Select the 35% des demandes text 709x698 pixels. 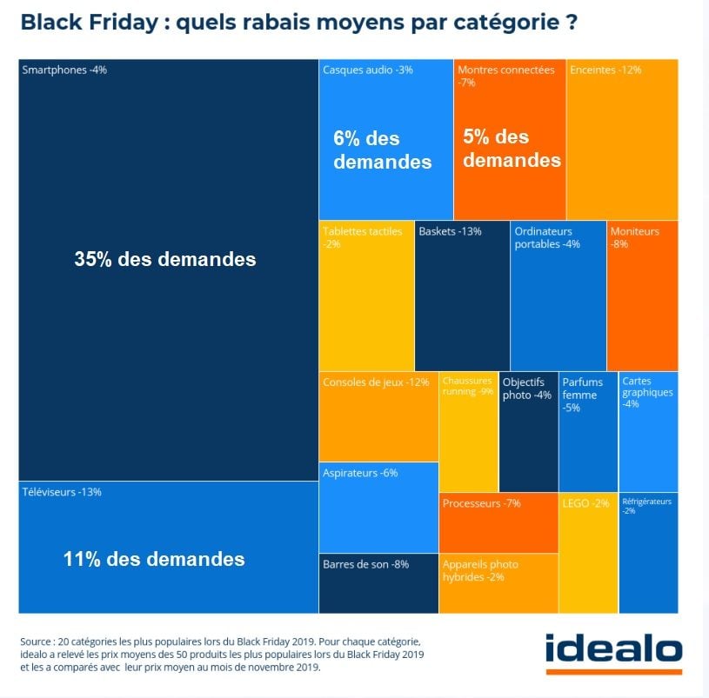tap(165, 258)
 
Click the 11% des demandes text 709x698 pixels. tap(154, 559)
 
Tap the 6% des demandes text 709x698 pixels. tap(382, 150)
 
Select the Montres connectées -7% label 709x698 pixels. tap(505, 76)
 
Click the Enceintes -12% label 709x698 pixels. tap(605, 70)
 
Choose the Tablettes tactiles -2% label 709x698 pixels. tap(362, 237)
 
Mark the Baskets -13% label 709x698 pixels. tap(450, 231)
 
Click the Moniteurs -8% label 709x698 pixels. tap(634, 237)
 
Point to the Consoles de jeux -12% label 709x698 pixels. tap(375, 382)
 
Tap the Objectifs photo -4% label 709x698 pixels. tap(527, 389)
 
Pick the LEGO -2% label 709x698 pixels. tap(586, 503)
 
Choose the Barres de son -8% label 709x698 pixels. tap(365, 564)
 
